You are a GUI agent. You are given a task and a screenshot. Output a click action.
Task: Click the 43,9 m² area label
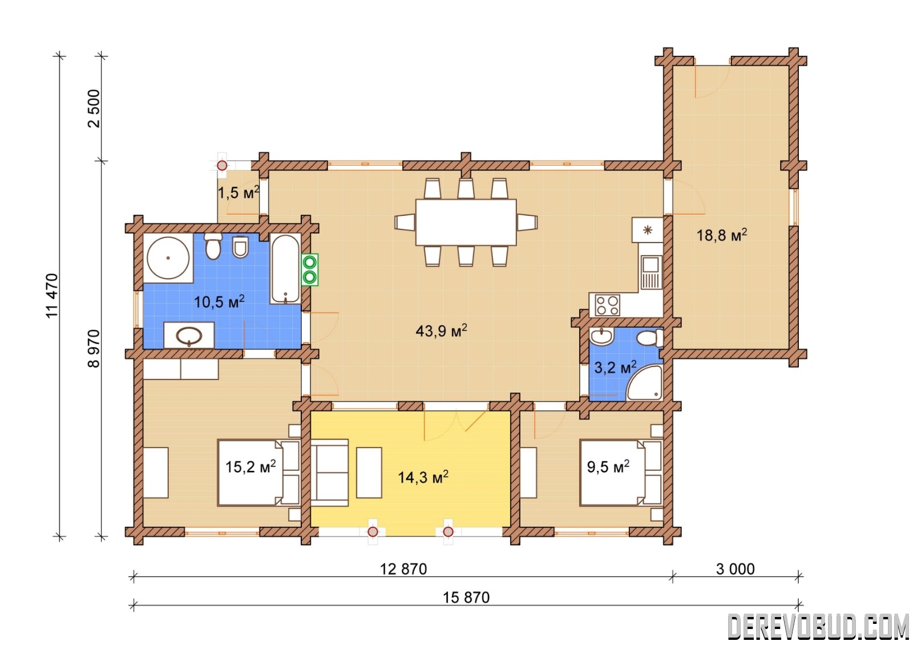pos(442,330)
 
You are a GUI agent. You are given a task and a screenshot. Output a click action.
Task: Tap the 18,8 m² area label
pos(721,235)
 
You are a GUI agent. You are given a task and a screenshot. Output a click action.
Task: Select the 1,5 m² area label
pos(239,192)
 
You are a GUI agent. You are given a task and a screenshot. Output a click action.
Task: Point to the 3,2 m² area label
pos(615,368)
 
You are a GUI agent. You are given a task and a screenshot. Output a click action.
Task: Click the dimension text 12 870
pos(403,569)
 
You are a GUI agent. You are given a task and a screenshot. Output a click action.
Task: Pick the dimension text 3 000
pos(736,569)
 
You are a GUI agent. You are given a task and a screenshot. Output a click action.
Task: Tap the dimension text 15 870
pos(466,597)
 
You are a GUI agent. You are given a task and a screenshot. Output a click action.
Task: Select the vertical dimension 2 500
pos(94,108)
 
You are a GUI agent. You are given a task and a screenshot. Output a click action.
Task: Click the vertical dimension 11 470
pos(52,296)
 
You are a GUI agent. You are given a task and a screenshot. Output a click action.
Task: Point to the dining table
pos(466,222)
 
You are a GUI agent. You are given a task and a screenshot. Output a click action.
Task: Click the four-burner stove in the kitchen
pos(607,305)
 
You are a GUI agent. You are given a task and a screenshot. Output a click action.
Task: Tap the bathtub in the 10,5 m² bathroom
pos(285,269)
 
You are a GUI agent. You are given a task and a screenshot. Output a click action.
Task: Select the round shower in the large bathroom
pos(168,257)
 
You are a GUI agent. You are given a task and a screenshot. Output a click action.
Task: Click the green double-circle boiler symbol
pos(310,269)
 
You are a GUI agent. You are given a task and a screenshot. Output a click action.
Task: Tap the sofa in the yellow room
pos(329,473)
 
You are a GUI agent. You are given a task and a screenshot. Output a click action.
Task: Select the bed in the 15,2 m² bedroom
pos(258,473)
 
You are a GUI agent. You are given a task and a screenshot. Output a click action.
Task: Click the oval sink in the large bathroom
pos(189,336)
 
